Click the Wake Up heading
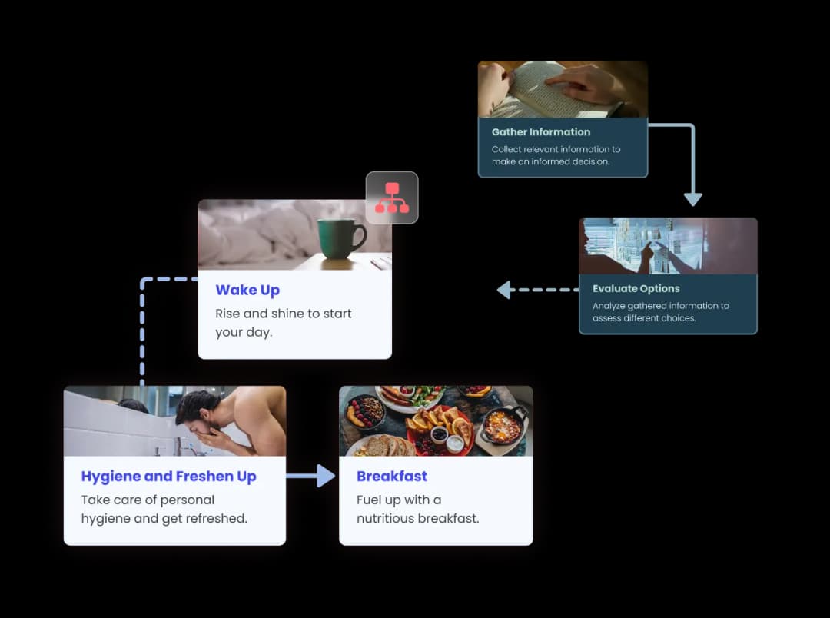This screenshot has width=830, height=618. coord(247,291)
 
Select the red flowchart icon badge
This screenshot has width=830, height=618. coord(392,198)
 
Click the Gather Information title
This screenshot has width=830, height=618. coord(540,132)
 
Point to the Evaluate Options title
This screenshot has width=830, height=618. coord(636,288)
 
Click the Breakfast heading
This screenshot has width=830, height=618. coord(392,476)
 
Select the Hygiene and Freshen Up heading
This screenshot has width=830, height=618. coord(168,477)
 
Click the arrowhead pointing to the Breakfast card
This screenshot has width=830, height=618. coord(326,476)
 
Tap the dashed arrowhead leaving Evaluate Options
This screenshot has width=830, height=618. coord(504,290)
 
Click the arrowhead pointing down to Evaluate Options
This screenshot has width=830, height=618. coord(692,199)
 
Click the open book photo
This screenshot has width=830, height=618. coord(563,89)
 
